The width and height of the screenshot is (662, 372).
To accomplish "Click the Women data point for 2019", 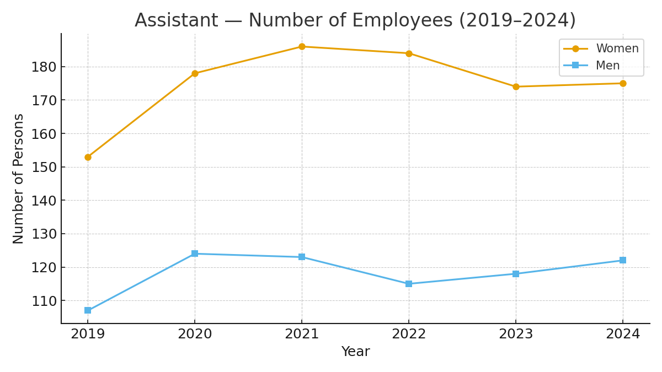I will point(88,157).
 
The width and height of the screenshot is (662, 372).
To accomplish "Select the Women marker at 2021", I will point(302,46).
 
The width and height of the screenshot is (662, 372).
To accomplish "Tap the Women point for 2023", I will point(516,87).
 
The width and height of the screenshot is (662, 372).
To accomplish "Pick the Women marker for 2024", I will point(623,83).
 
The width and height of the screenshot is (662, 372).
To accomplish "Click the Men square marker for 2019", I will point(88,310).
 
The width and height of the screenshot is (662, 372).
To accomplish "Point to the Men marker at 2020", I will point(195,254).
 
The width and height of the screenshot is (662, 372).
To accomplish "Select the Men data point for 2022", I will point(409,284).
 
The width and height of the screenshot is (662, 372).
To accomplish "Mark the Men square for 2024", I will point(623,260).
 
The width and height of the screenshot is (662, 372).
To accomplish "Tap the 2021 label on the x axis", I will point(302,335).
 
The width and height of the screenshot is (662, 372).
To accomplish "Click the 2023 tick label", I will point(516,335).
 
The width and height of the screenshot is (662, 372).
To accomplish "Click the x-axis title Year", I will point(355,352).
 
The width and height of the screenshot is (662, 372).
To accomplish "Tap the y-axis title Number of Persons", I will point(19,178).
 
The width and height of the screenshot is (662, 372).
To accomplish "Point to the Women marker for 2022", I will point(409,53).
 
